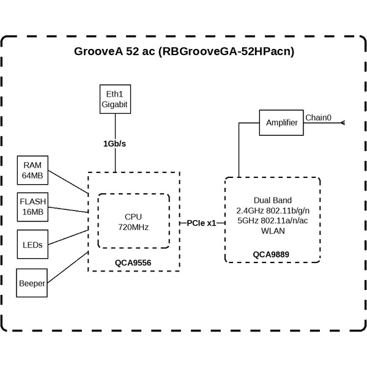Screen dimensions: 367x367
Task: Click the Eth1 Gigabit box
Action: (115, 99)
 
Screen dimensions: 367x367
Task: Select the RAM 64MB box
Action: (33, 171)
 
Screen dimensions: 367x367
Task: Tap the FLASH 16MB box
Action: (33, 207)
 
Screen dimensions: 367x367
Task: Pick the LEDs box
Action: (33, 245)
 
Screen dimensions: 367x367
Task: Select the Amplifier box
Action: (281, 123)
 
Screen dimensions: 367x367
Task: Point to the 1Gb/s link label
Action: (115, 144)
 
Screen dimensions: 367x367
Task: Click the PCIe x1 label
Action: (202, 223)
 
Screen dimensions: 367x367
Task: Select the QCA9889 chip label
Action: (272, 253)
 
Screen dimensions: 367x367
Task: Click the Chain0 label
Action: (318, 117)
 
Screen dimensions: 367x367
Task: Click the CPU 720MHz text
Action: (134, 221)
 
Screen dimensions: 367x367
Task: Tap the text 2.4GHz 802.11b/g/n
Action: (272, 211)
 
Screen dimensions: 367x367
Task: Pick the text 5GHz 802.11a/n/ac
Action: (272, 221)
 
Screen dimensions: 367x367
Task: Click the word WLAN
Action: (272, 232)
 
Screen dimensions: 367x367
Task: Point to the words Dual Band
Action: (272, 201)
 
